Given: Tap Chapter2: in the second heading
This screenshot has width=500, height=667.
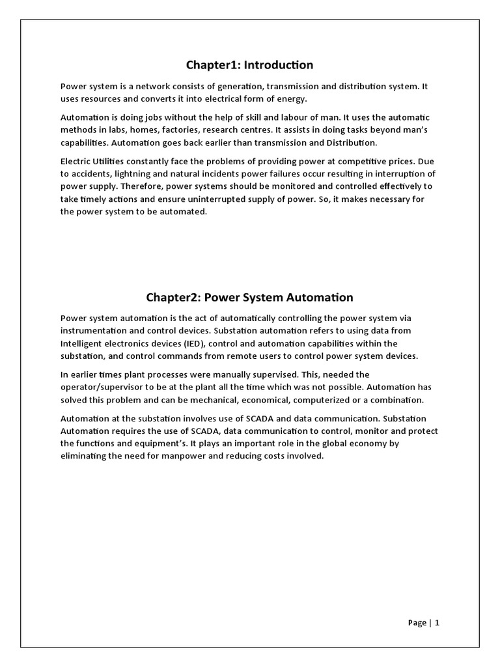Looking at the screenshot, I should coord(173,298).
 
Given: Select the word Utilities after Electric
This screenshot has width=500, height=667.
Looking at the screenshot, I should coord(111,161).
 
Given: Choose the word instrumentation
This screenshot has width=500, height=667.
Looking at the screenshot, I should coord(96,330).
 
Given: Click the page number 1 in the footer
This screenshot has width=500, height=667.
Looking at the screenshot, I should coord(437,623).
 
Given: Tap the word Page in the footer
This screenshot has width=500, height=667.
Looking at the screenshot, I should coord(417,623).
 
